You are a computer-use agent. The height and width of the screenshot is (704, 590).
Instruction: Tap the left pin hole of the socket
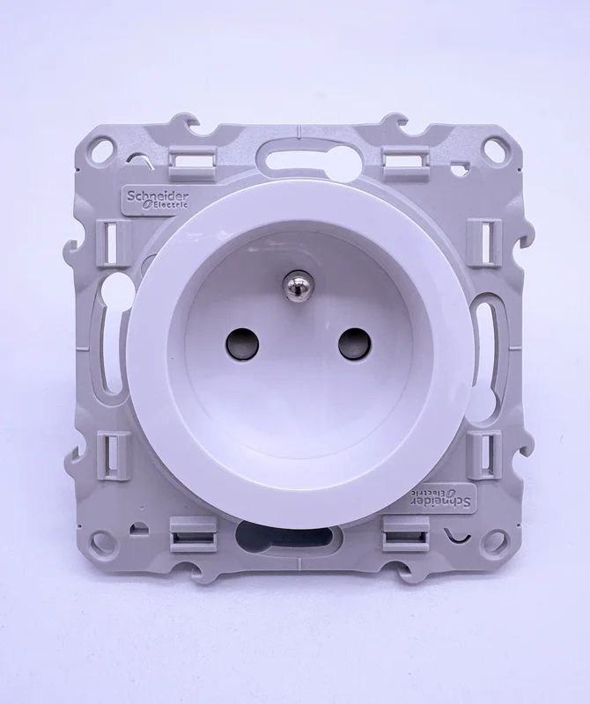[x=242, y=345]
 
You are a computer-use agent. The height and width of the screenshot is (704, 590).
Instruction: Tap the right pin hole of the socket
[x=355, y=345]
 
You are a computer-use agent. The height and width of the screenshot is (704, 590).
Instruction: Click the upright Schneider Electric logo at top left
[x=157, y=199]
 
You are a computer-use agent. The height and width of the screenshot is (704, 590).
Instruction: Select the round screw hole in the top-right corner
[x=493, y=147]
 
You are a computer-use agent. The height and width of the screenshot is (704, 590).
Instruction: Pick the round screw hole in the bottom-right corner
[x=494, y=539]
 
